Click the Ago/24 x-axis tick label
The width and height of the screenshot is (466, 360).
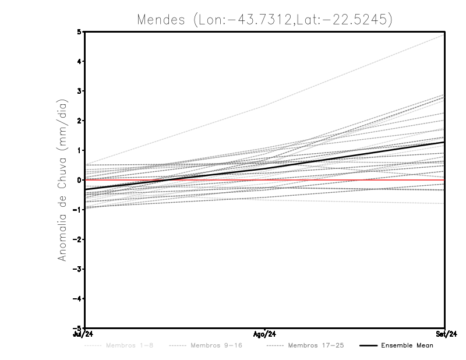pyautogui.click(x=264, y=334)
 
